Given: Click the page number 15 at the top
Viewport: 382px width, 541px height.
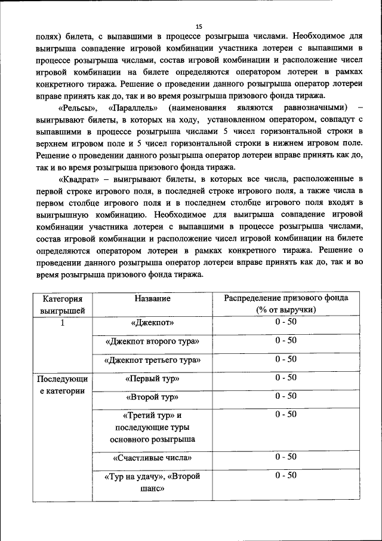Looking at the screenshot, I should [x=199, y=26].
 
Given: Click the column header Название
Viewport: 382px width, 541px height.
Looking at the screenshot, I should [x=152, y=298].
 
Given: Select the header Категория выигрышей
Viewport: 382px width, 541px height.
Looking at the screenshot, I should [x=62, y=304].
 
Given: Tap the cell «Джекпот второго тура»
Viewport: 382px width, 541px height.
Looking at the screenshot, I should [x=152, y=341].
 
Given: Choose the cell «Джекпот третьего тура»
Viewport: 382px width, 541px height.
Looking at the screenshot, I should [x=152, y=360].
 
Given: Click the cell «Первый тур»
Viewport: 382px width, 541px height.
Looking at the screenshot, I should [x=152, y=379].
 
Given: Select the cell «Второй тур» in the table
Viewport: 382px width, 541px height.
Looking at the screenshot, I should [x=152, y=397].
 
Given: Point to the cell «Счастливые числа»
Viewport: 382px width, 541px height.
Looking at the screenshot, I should [x=152, y=458].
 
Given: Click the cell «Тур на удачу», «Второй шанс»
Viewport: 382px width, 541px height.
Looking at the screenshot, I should [x=152, y=482].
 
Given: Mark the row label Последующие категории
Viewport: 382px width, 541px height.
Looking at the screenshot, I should [x=62, y=385].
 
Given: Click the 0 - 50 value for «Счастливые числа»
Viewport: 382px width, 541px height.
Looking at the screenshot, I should [x=286, y=457].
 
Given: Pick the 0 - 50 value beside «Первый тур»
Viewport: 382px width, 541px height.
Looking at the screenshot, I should [x=286, y=378].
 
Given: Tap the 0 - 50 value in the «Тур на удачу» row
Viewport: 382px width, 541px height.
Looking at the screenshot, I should [x=286, y=476].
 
